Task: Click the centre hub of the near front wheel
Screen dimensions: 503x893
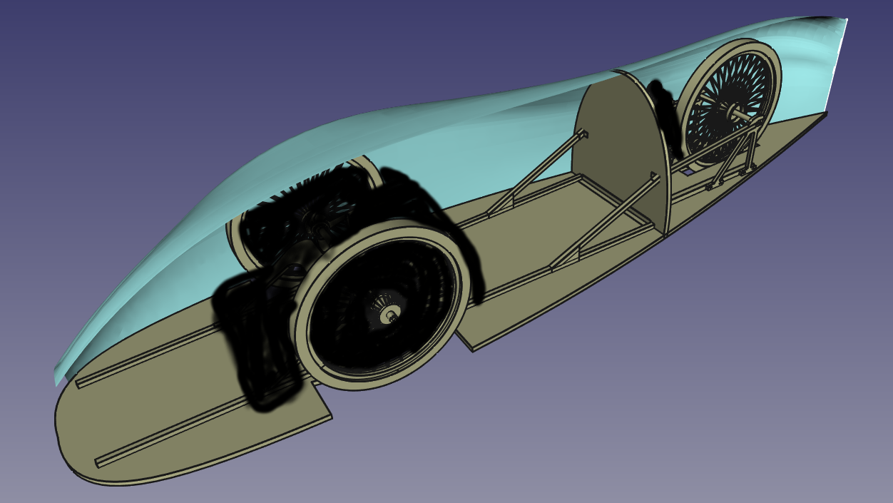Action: pos(389,313)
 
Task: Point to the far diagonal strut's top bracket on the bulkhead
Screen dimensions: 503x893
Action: pos(583,134)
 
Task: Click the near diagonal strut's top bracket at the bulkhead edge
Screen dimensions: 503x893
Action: pos(652,176)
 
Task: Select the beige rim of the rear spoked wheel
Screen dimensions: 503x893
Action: pos(770,64)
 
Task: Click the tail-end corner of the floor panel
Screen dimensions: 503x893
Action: pos(825,113)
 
